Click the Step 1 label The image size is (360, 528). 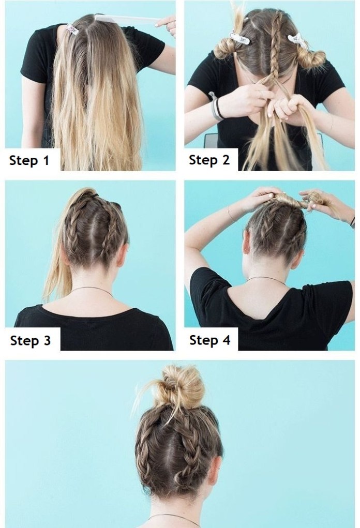click(x=29, y=160)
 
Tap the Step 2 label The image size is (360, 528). click(x=209, y=160)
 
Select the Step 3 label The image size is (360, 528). click(x=31, y=340)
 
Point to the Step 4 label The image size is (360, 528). click(x=210, y=340)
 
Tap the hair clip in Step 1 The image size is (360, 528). click(x=72, y=29)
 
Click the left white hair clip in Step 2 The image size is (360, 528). click(x=240, y=38)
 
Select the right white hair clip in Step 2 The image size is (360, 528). click(x=298, y=41)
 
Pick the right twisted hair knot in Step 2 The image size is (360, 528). click(x=311, y=58)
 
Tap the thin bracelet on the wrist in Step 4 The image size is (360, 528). click(x=231, y=214)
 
